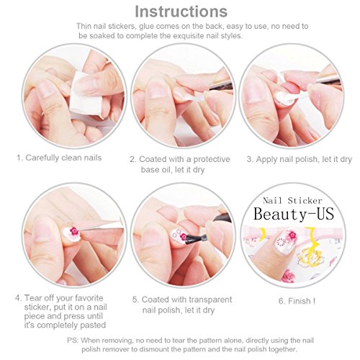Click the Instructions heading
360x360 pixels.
[181, 12]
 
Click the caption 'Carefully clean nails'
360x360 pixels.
[63, 158]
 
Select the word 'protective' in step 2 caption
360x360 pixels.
[212, 159]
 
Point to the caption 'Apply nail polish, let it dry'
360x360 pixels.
[304, 159]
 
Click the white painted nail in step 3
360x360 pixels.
[285, 98]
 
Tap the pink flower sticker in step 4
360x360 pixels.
[74, 232]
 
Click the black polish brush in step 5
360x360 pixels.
[193, 238]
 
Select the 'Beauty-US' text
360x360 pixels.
[294, 214]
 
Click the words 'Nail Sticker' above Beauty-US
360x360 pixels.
[292, 201]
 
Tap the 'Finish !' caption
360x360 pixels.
[297, 301]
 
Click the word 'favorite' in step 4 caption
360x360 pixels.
[89, 298]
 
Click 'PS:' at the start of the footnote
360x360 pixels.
[73, 341]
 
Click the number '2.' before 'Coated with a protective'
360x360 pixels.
[133, 159]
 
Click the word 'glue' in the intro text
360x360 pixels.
[146, 26]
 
